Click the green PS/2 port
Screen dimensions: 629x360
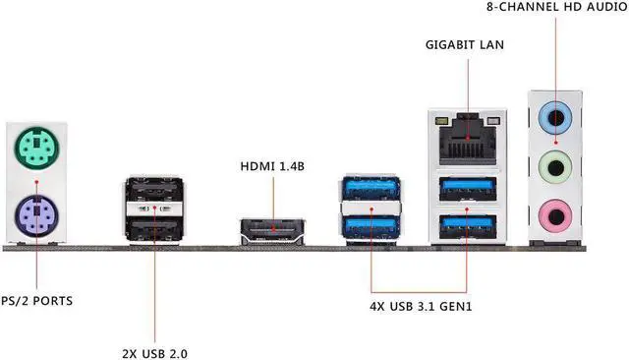[36, 148]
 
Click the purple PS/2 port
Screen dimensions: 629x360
[36, 216]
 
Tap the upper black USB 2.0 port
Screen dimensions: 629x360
[154, 190]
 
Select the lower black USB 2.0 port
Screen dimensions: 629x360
[154, 227]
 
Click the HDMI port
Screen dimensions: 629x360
[273, 231]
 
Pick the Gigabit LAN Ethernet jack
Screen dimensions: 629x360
[468, 139]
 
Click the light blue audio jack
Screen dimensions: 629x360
[555, 118]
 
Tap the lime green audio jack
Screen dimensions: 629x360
[555, 168]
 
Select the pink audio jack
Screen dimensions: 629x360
[555, 217]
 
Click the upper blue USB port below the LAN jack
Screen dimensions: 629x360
[468, 189]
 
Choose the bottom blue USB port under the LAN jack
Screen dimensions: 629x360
[468, 227]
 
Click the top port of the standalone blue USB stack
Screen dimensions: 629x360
[372, 188]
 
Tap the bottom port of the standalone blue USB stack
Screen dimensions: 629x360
[372, 227]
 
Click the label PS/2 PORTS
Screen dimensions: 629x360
[37, 301]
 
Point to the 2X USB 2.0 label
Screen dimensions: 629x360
[155, 354]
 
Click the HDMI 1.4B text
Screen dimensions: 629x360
[272, 166]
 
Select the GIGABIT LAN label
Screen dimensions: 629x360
[465, 45]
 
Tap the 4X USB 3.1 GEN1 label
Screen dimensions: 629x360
[421, 307]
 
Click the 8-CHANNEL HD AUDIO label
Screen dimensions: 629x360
[557, 7]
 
